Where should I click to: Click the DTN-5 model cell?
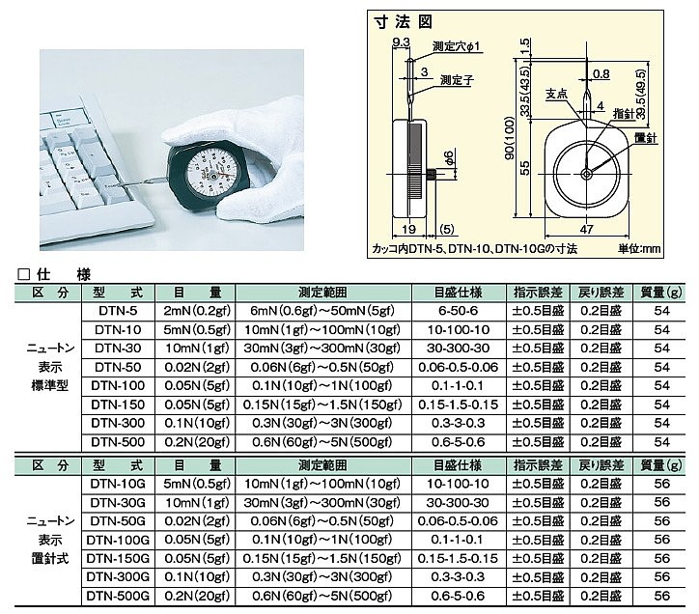point(118,311)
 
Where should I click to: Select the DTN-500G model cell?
point(118,596)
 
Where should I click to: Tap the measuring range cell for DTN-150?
point(322,405)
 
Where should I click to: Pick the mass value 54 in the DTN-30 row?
point(662,349)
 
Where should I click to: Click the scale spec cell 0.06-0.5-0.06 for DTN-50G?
point(458,520)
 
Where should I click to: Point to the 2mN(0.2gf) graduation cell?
point(197,311)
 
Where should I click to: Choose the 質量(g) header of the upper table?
point(661,293)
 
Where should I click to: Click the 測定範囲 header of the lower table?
point(322,465)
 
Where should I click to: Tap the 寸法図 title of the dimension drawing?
point(404,22)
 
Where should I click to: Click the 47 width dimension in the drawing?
point(587,229)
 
